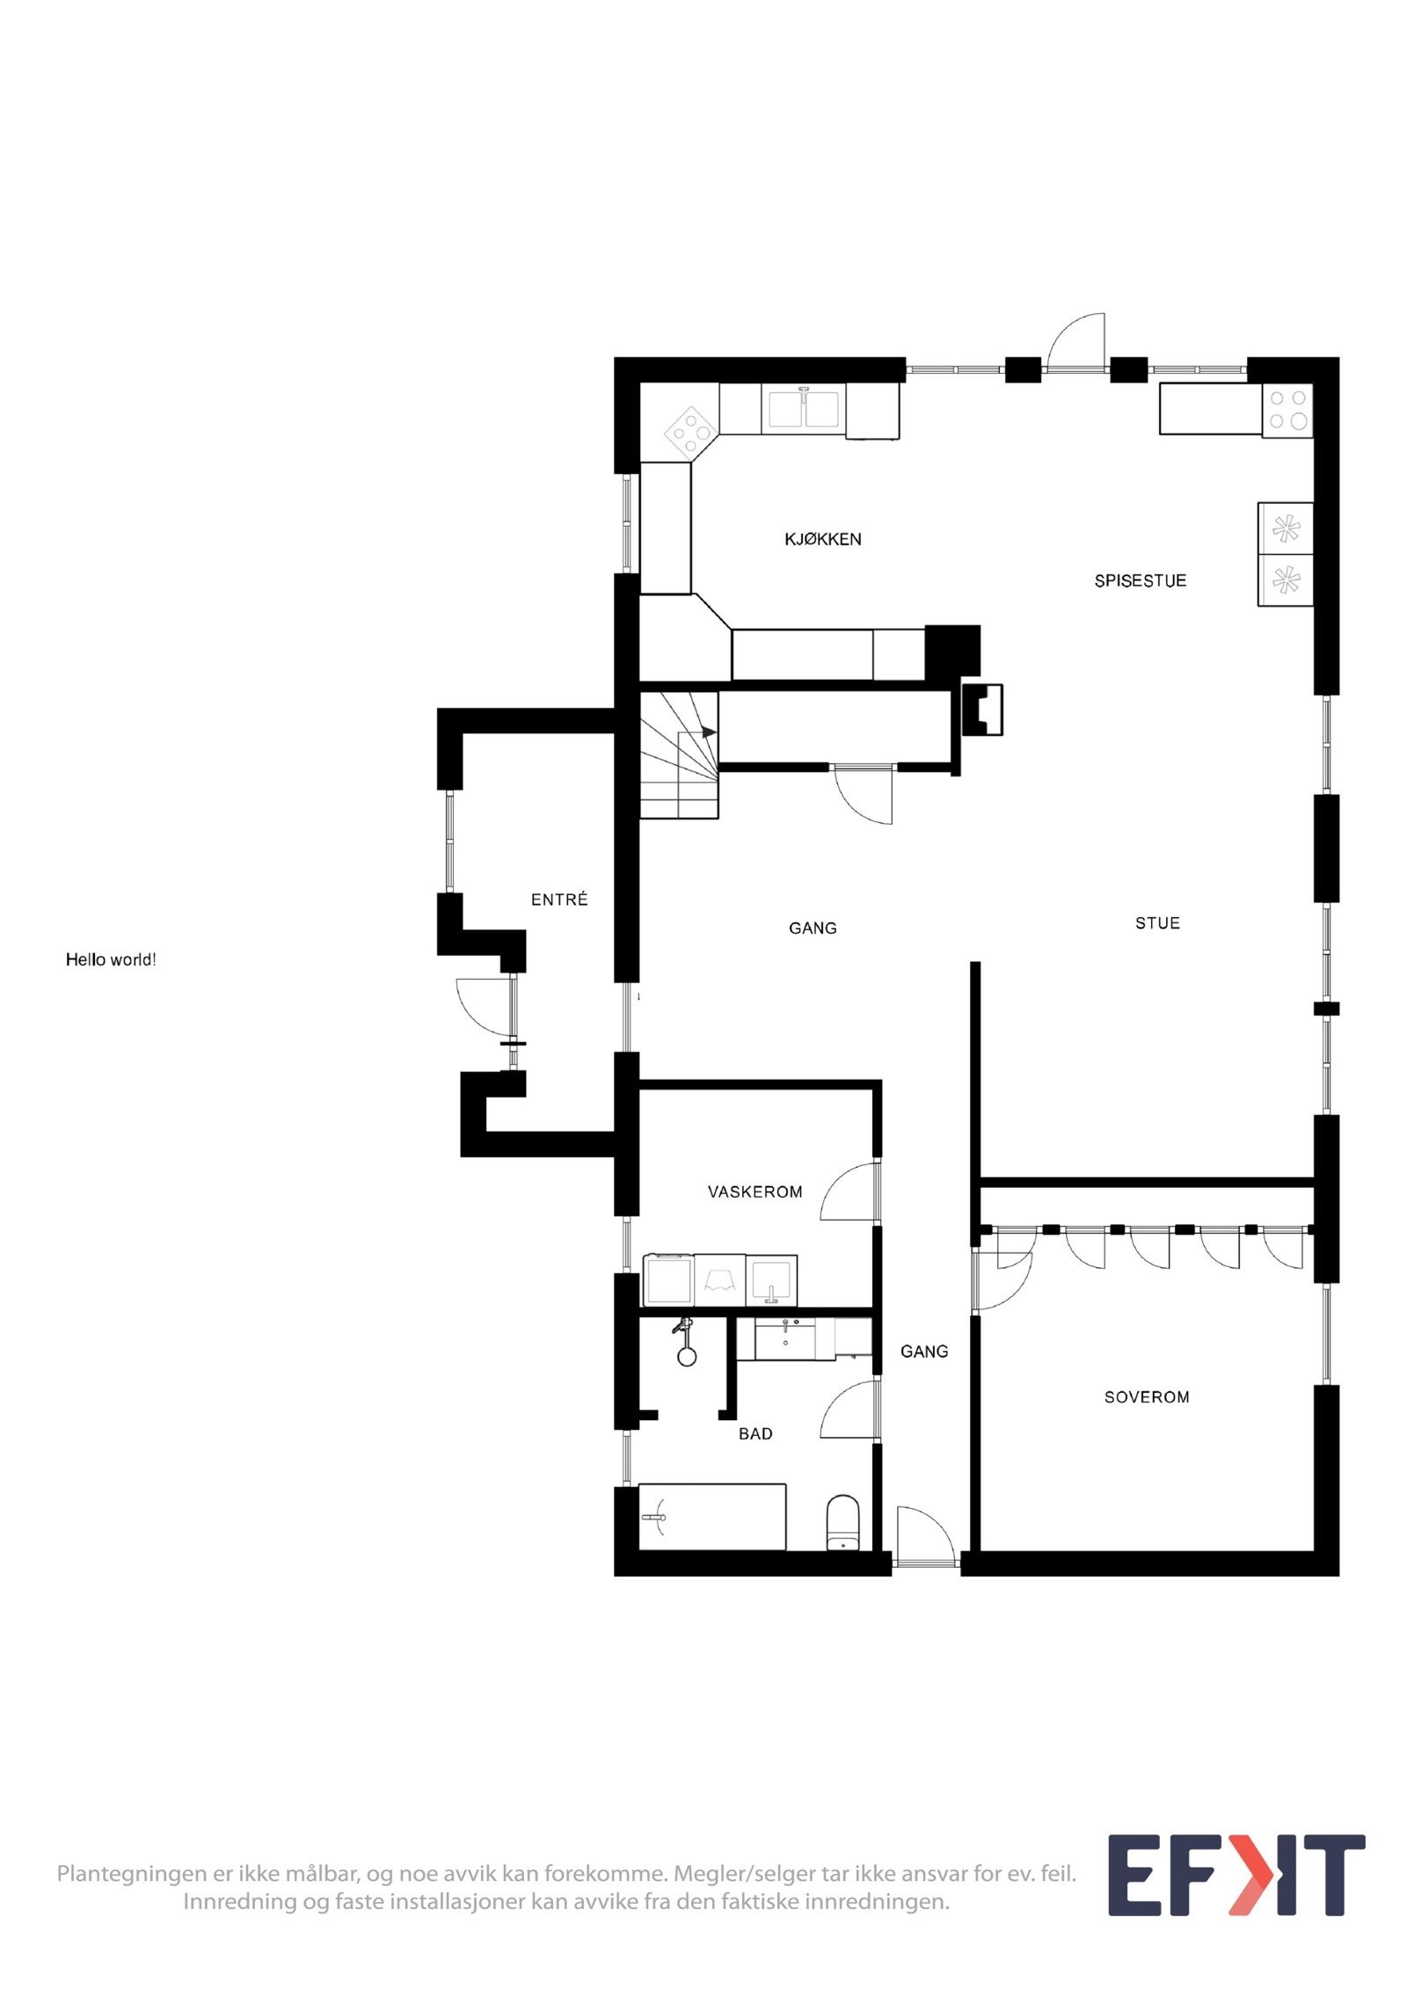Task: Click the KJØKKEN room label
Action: click(x=822, y=539)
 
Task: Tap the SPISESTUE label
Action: click(x=1140, y=580)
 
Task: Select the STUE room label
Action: click(x=1157, y=922)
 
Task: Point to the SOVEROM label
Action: click(x=1147, y=1396)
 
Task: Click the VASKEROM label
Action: click(x=755, y=1192)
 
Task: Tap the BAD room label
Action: click(x=755, y=1433)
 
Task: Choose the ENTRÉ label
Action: click(x=559, y=900)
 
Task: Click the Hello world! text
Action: click(x=111, y=959)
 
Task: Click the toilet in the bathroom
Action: click(x=842, y=1522)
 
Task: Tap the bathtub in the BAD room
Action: click(x=712, y=1517)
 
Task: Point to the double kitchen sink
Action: click(x=804, y=409)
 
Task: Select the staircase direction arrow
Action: click(x=709, y=732)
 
